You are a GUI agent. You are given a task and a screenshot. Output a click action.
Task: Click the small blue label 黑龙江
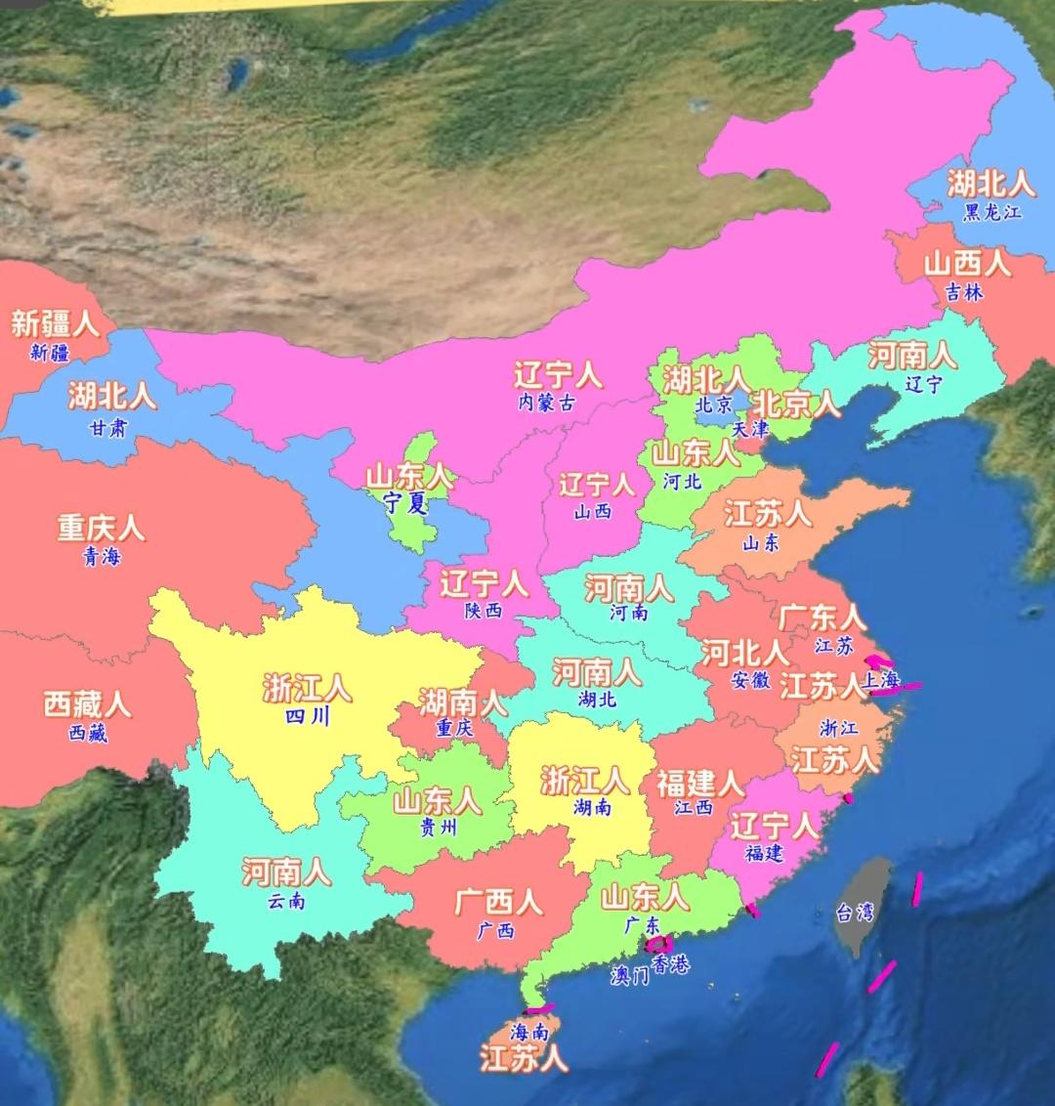992,211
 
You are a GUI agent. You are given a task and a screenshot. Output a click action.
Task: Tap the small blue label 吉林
964,291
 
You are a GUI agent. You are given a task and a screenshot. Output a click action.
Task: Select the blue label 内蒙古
547,402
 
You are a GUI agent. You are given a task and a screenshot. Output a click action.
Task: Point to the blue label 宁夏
405,503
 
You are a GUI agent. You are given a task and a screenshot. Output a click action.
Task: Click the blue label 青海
102,557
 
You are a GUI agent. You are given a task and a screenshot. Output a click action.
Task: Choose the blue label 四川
307,717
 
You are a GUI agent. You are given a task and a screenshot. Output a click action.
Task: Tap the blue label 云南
286,900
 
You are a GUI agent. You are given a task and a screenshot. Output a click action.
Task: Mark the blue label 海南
529,1031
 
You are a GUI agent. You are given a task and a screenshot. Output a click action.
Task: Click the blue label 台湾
854,914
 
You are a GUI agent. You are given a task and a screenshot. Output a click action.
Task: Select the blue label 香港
670,965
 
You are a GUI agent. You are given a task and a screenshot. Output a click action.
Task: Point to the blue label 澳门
629,975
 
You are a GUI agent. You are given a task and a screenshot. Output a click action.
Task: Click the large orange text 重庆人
101,528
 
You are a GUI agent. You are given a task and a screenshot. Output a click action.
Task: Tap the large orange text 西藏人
87,703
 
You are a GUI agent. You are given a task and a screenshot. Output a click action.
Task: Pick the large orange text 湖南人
462,701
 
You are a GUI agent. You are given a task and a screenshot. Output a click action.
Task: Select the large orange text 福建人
699,783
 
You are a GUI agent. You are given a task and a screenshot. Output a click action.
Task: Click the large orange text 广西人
498,901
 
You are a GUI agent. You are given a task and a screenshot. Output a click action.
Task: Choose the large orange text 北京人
796,403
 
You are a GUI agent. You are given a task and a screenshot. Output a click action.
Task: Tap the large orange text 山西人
967,263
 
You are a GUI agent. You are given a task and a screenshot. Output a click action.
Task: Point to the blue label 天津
750,428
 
